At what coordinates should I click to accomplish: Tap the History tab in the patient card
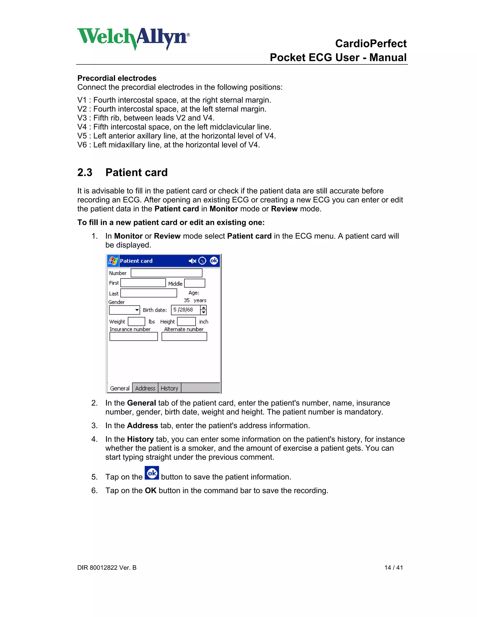point(169,388)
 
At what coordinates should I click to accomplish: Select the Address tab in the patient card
point(145,388)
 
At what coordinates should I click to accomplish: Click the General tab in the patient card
point(120,388)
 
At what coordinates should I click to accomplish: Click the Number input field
point(167,273)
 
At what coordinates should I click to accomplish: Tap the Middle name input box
point(195,283)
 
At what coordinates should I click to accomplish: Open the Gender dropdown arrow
point(137,310)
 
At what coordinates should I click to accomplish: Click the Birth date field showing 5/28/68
point(185,310)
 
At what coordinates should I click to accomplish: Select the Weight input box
point(136,322)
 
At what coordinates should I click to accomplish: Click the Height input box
point(187,322)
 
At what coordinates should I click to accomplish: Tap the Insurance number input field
point(133,336)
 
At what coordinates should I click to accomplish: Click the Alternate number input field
point(184,336)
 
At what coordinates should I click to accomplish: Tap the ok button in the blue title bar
point(214,261)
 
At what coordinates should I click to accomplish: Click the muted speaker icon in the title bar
point(192,261)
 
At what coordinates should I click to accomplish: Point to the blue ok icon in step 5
point(152,473)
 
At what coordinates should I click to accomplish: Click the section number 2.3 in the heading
point(85,172)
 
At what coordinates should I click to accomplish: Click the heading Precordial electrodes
point(117,78)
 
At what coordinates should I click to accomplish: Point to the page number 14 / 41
point(393,568)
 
